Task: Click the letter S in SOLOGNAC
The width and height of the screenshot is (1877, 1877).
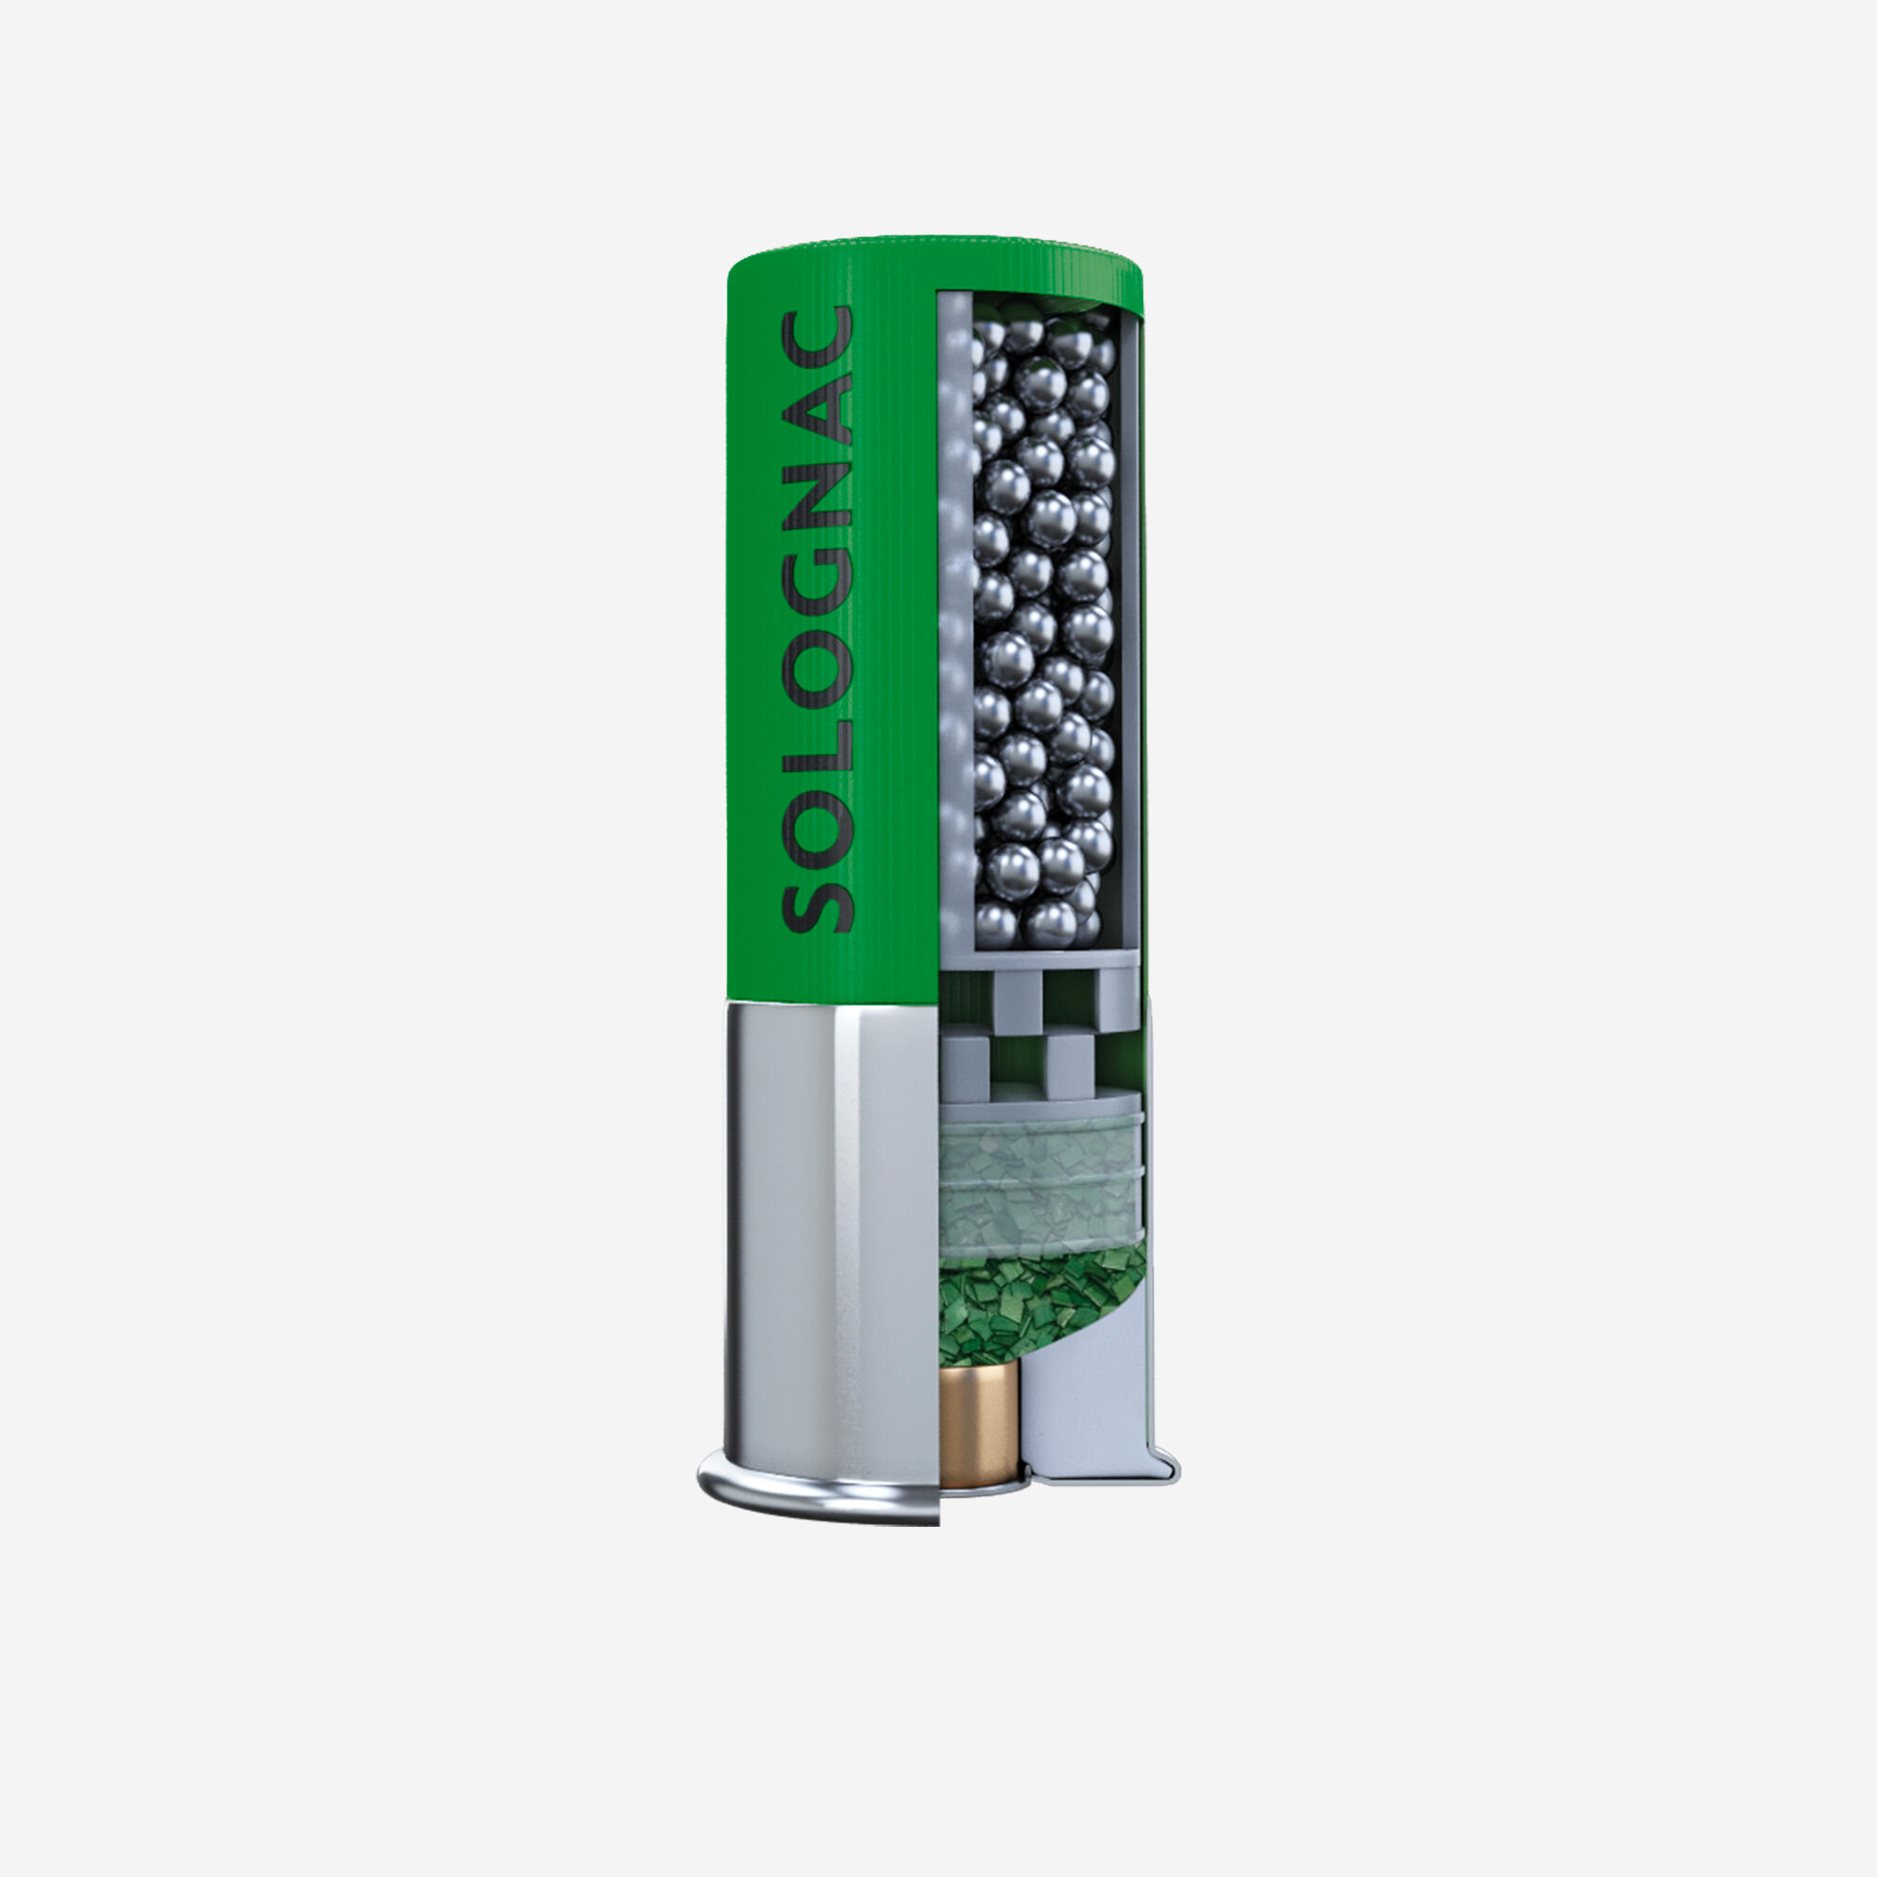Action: pyautogui.click(x=817, y=895)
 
